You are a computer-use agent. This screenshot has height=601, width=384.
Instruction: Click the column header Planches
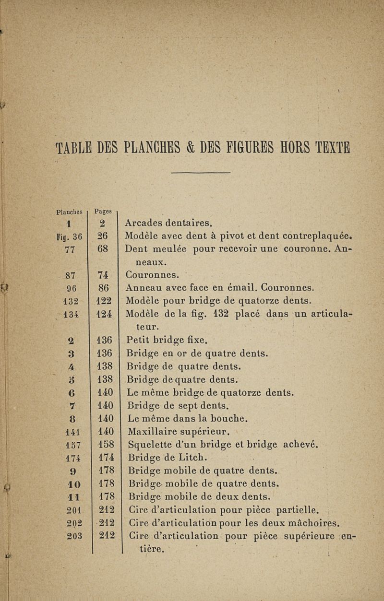click(x=70, y=211)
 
